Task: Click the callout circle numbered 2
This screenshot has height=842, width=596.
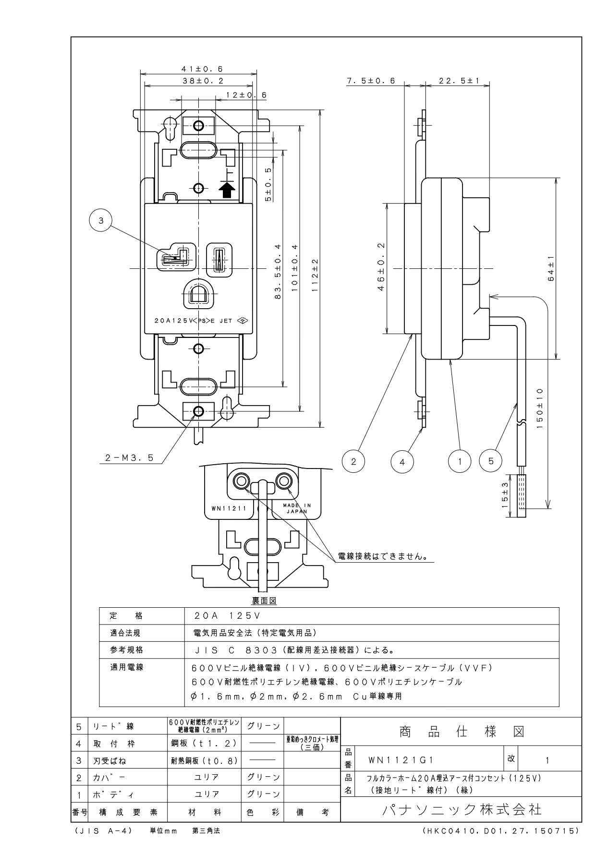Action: pos(353,462)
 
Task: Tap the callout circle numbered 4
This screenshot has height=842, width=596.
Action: pos(402,462)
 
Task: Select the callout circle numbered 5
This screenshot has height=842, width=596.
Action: pos(491,461)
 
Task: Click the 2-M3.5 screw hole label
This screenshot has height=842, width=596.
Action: pos(129,458)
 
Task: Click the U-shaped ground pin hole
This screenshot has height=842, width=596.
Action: pos(198,294)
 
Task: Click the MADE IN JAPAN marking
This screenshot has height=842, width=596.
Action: pos(297,508)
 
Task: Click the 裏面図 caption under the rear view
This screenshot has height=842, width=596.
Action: pos(264,601)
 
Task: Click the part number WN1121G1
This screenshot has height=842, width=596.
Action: pos(401,760)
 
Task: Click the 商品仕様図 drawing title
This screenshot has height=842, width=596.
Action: pos(462,732)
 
